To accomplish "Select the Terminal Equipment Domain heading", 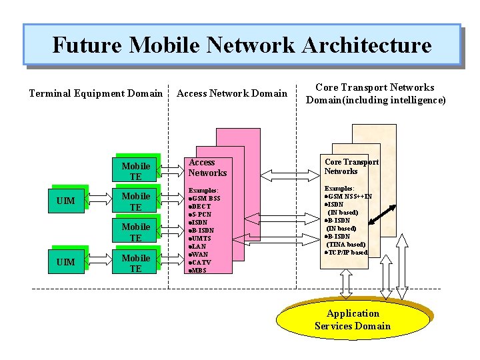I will pos(96,93).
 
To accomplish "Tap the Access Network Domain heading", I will pos(231,93).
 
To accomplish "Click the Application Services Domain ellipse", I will pos(353,319).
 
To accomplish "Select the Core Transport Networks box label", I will pos(351,167).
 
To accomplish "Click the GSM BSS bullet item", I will pos(205,199).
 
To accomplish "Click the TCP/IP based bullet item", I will pos(346,253).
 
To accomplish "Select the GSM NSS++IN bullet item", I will pos(348,197).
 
